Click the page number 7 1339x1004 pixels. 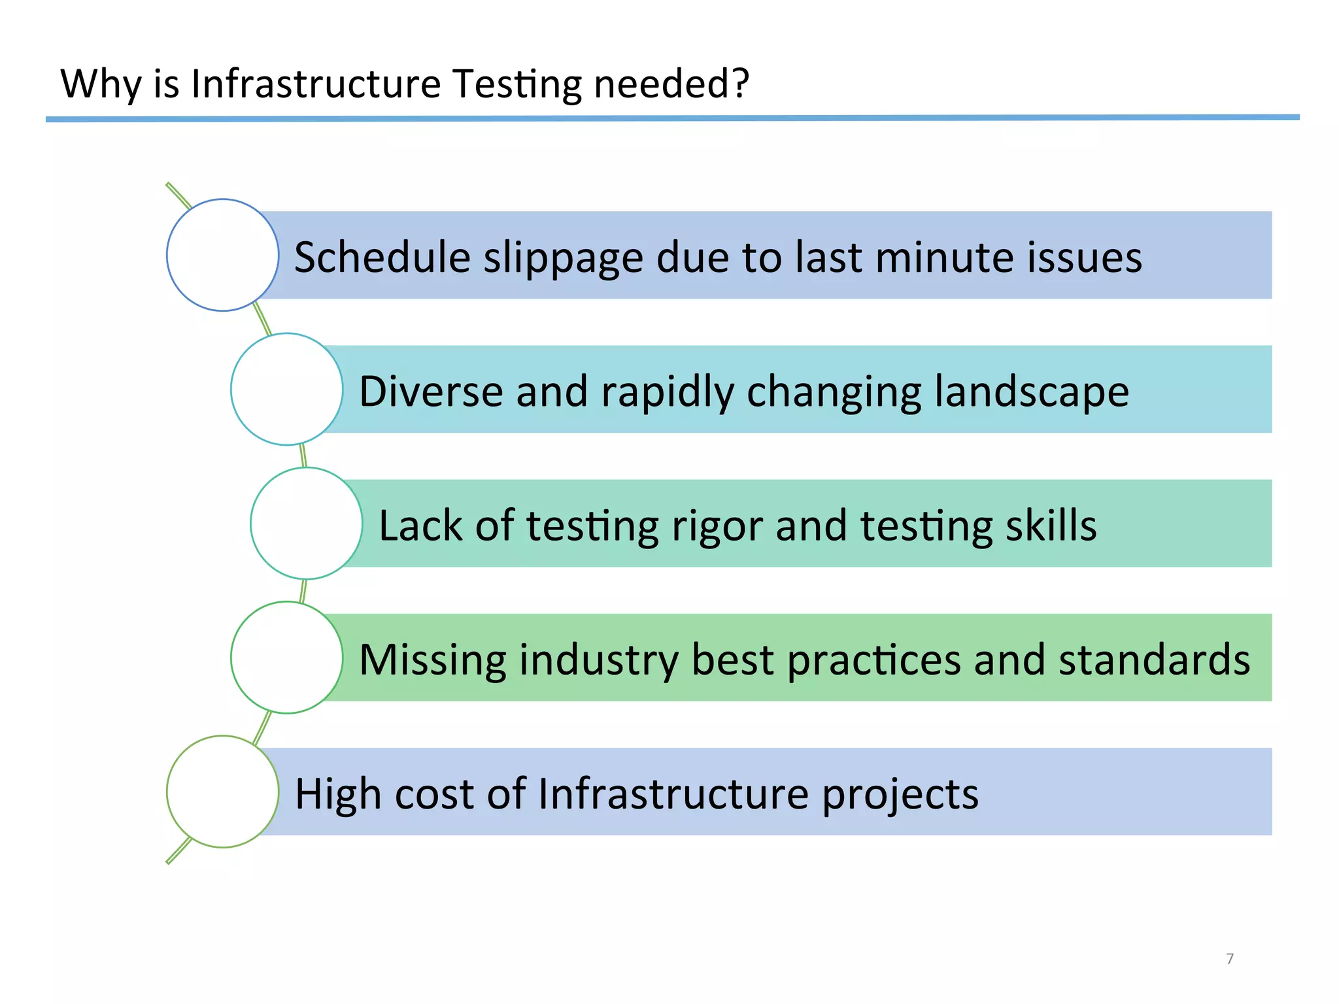click(x=1230, y=959)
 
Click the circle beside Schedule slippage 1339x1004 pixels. click(x=223, y=255)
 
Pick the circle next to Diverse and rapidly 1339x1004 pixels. click(x=287, y=390)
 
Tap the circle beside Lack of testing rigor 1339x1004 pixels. click(x=307, y=524)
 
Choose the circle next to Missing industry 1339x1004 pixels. click(x=287, y=658)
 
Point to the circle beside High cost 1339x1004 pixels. click(x=223, y=792)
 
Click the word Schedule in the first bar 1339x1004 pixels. click(x=382, y=257)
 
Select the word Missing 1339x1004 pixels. click(x=432, y=660)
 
